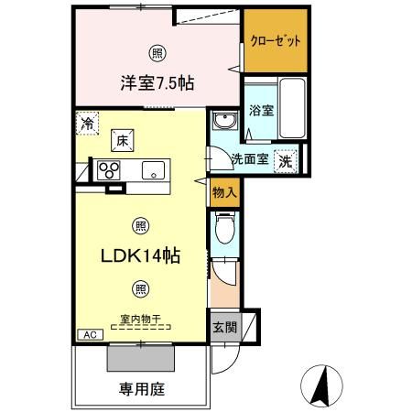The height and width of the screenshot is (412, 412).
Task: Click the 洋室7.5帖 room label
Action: tap(157, 82)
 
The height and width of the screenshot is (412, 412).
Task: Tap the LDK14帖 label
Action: tap(140, 255)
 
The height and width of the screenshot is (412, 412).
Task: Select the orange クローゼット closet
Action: tap(276, 40)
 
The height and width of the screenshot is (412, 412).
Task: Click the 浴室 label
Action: tap(261, 110)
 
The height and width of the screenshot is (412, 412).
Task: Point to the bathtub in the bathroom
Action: tap(292, 108)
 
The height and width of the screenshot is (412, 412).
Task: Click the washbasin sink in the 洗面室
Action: tap(225, 121)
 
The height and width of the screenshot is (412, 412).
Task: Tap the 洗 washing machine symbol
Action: tap(286, 161)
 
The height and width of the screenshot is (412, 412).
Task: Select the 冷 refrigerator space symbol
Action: tap(87, 124)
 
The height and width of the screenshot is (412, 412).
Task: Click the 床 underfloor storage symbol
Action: tap(123, 141)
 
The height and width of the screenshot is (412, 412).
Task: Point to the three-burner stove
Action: tap(109, 170)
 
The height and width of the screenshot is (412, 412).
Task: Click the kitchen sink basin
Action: tap(153, 170)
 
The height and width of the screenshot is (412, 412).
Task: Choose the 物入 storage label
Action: tap(224, 192)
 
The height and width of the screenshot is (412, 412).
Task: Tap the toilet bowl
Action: tap(225, 228)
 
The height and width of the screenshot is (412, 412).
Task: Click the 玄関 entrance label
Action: tap(224, 328)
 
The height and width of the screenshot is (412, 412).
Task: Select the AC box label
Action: tap(91, 335)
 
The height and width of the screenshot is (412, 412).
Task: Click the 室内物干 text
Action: tap(140, 320)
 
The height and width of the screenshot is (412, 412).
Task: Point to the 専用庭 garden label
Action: tap(142, 389)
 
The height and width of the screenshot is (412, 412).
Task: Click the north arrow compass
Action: tap(321, 386)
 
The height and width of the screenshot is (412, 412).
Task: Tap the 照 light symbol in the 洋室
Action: tap(157, 54)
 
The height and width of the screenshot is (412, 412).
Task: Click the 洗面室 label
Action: tap(250, 158)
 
